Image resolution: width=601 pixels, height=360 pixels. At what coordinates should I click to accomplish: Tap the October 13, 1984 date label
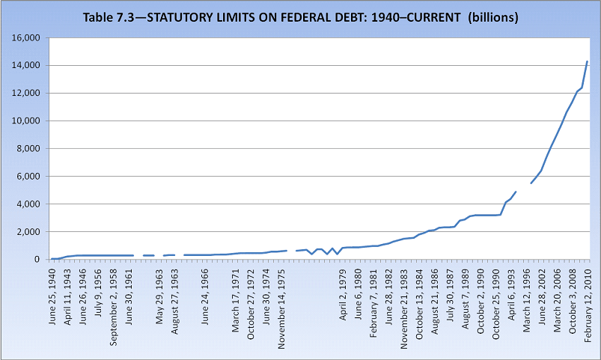421,296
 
